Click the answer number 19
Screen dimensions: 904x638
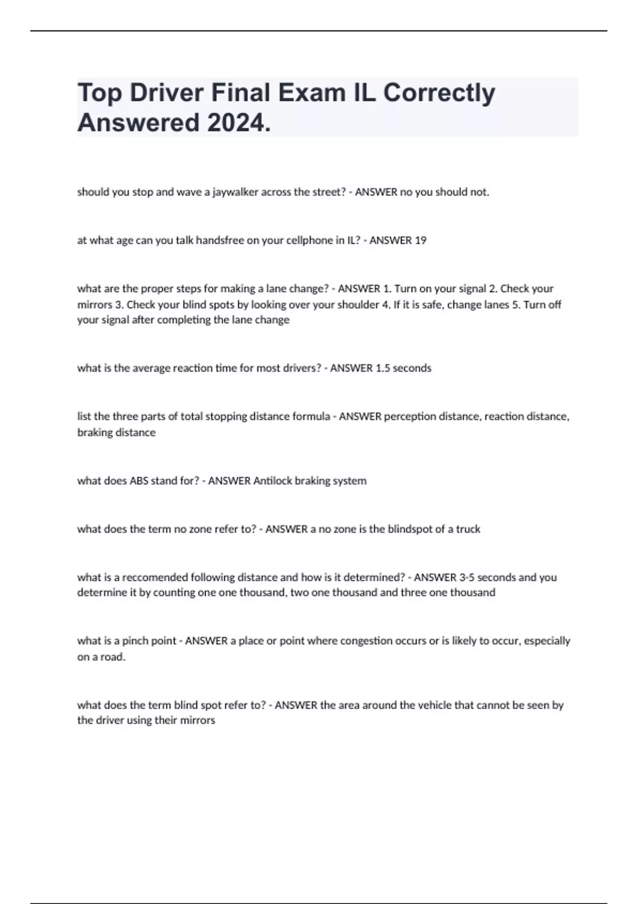coord(420,240)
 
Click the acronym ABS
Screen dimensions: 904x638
coord(140,481)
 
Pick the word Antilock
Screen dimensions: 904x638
coord(273,481)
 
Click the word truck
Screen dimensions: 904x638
coord(468,529)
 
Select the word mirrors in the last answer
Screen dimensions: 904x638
coord(197,721)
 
